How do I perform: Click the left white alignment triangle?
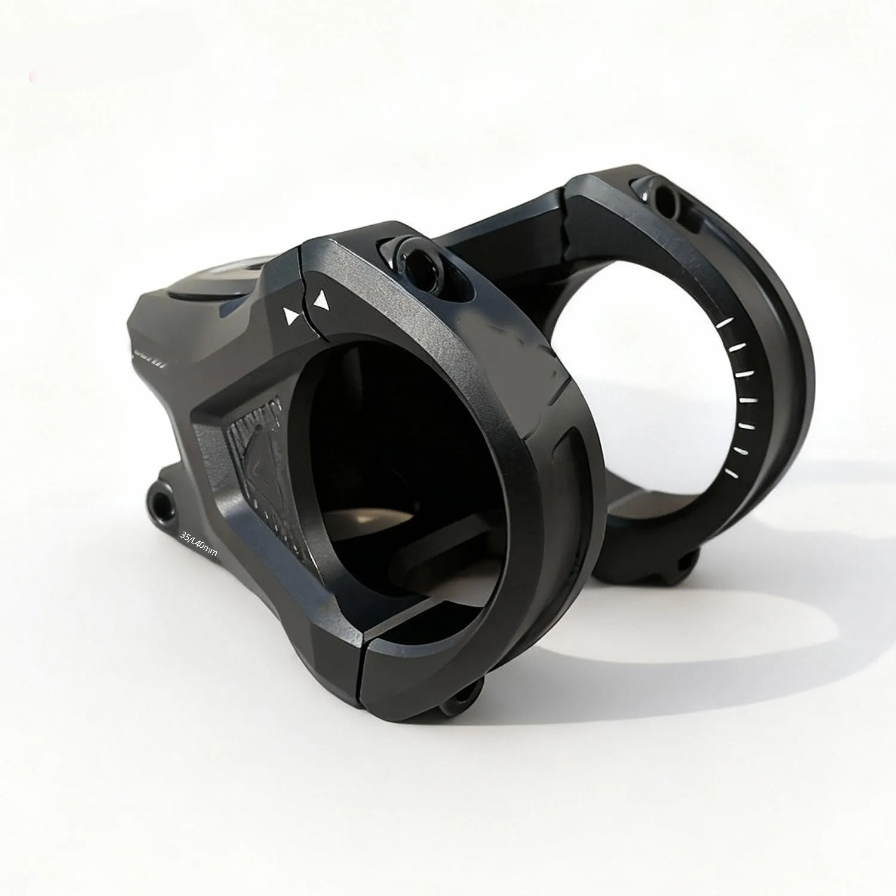pyautogui.click(x=291, y=315)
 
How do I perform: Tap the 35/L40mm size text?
pyautogui.click(x=198, y=543)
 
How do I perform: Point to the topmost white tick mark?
pyautogui.click(x=725, y=323)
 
